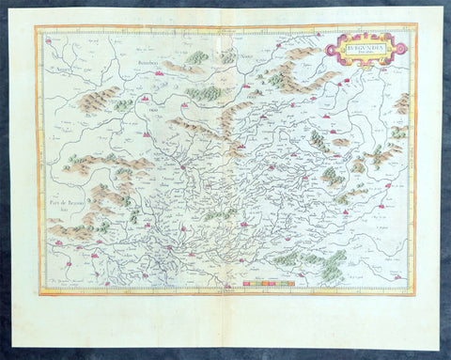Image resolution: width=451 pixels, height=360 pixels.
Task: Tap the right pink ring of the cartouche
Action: click(401, 47)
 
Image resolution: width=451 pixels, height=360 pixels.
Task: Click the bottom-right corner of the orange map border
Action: click(414, 294)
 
